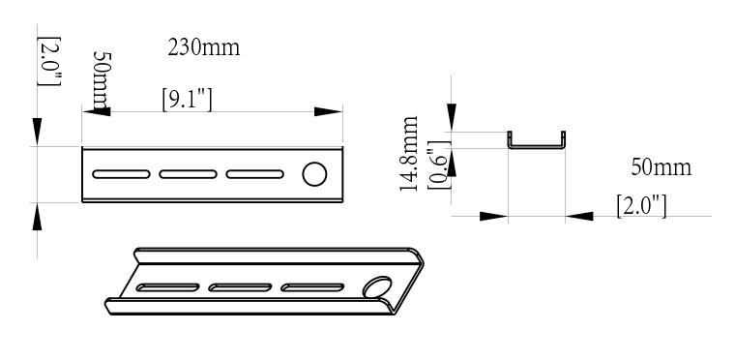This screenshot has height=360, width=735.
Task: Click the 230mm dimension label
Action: coord(204,47)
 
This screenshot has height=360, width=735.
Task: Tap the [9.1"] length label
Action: coord(187,100)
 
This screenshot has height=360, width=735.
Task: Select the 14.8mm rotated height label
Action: coord(409,154)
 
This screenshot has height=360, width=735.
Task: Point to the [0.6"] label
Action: coord(439,165)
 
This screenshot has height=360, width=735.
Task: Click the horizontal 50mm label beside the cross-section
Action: coord(661,167)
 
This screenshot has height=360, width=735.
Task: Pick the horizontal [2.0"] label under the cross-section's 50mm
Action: coord(641,206)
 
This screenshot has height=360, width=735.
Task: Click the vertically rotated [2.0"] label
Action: coord(48,61)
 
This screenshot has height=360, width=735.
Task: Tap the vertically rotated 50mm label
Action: coord(102,80)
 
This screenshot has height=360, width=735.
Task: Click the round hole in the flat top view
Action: coord(314,174)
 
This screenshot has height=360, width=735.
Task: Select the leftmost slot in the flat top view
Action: coord(121,174)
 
